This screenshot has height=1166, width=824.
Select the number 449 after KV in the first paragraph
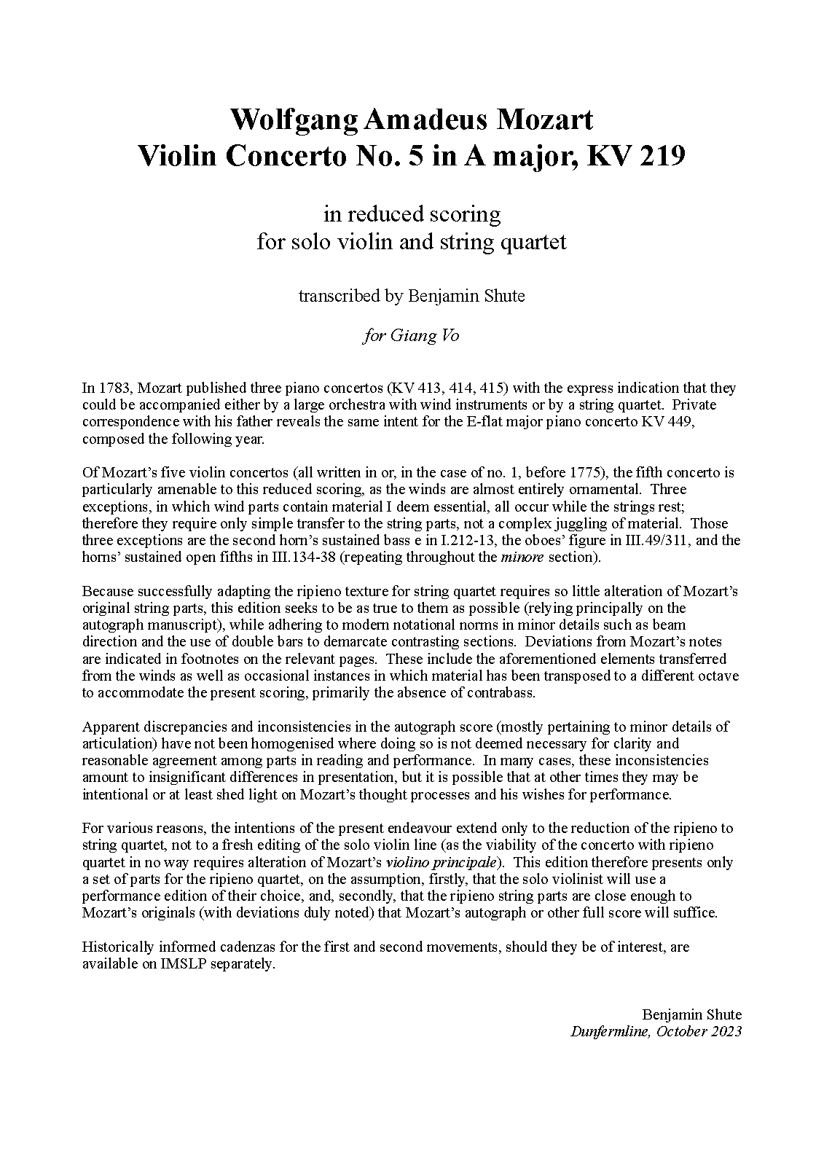coord(683,422)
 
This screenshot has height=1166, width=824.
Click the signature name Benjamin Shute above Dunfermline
coord(691,1014)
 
